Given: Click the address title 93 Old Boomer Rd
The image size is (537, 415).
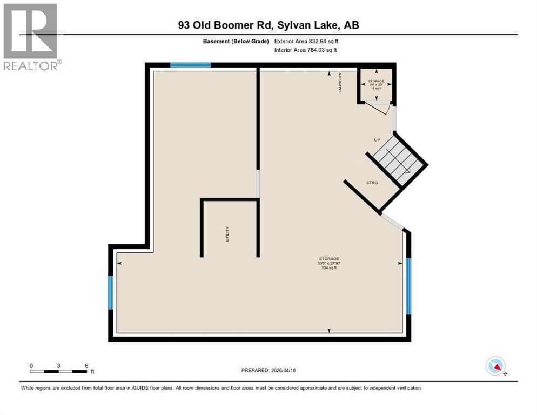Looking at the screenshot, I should coord(269,25).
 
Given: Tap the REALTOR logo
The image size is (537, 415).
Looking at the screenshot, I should coord(31,37).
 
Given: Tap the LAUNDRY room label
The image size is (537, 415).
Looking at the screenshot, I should coord(340,82).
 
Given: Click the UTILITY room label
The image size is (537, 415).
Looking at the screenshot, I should coord(227,233).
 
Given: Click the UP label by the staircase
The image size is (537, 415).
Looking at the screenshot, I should coord(378,140).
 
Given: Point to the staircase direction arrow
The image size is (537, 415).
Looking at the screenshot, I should coord(406,170).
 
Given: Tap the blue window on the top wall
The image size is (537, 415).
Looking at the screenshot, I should coord(190,65).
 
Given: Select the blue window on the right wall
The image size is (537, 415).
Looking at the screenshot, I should coord(408,286).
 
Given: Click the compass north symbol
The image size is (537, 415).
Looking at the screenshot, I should coord(495,366).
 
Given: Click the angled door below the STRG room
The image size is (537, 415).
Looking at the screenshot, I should coord(392,222).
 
